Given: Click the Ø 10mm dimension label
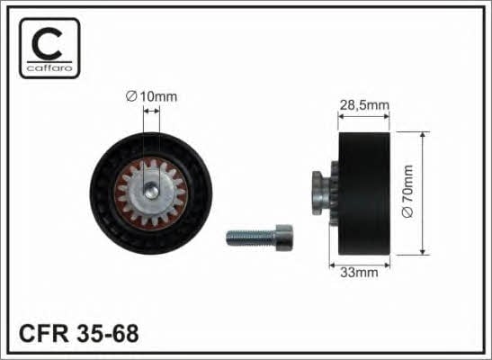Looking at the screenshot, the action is point(151,96).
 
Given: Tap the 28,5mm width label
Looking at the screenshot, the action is point(364,104).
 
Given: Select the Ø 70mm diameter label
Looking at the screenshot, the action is point(407,191).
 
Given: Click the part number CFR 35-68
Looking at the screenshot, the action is point(79,333).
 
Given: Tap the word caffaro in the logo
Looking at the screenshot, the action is point(49,67).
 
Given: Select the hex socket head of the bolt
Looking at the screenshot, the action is point(284,238).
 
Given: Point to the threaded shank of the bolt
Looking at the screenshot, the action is point(251,238).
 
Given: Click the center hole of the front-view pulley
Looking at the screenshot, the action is point(151,192).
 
